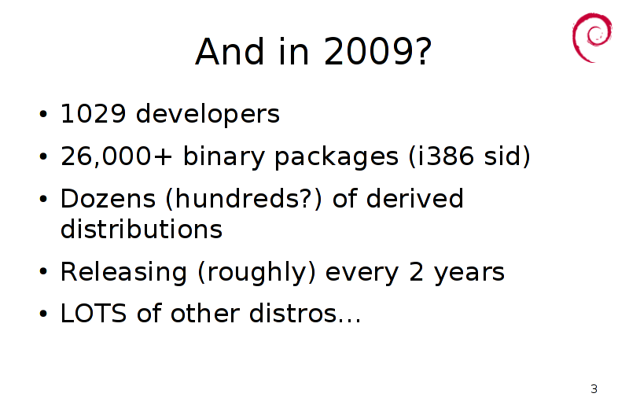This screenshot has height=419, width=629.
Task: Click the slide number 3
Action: coord(594,389)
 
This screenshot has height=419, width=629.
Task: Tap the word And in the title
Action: coord(230,51)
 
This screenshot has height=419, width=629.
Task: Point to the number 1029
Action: coord(93,113)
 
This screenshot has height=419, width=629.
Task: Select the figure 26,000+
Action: coord(116,156)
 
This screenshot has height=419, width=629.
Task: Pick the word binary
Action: coord(224,156)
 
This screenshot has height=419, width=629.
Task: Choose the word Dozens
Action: coord(108,198)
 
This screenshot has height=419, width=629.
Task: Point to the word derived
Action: coord(415,198)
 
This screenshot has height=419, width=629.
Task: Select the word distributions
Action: coord(142,229)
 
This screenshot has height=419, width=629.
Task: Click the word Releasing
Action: coord(123,273)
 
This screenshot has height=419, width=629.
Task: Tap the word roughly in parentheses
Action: coord(257,273)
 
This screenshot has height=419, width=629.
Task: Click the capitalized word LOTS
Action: coord(94,313)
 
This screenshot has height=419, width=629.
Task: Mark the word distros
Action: coord(293,313)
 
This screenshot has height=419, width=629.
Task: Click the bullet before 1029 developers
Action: coord(43,114)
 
